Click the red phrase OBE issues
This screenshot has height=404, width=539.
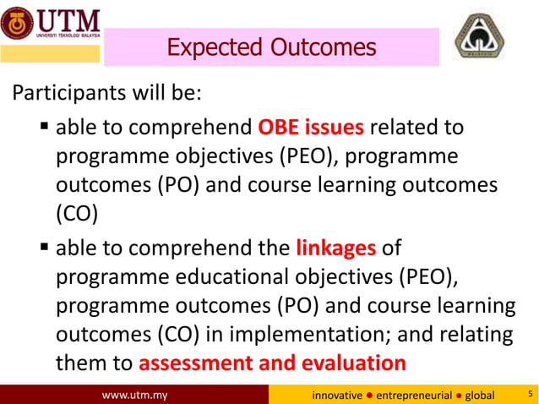(310, 128)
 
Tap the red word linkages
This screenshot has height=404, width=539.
(335, 248)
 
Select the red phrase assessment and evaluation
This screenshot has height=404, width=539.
(271, 363)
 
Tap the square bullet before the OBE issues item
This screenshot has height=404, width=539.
(45, 128)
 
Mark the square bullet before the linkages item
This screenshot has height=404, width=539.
(45, 249)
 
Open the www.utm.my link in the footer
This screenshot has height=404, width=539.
(134, 395)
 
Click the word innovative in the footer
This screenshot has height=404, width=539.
(337, 395)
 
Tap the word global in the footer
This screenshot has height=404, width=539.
(480, 395)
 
